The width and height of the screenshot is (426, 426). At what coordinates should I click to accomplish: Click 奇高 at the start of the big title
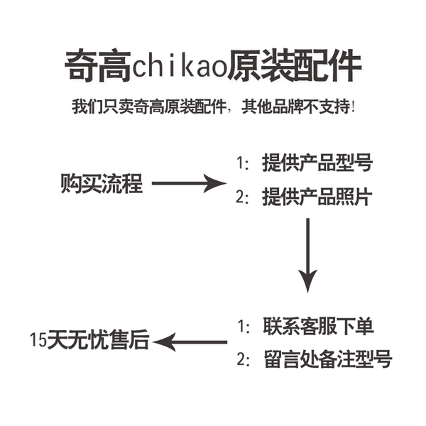click(x=98, y=65)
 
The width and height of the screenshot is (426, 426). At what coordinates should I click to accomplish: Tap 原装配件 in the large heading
click(x=295, y=65)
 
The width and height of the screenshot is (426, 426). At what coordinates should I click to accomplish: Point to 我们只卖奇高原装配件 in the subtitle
click(x=149, y=106)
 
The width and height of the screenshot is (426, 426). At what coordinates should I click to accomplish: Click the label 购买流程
click(x=102, y=184)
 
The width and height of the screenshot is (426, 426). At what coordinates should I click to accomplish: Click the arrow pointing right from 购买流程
click(x=189, y=183)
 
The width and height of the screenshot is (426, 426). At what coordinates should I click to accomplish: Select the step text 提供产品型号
click(x=317, y=163)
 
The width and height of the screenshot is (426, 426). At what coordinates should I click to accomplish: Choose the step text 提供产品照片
click(x=317, y=197)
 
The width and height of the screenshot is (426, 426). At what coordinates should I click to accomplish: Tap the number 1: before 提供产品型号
click(x=242, y=163)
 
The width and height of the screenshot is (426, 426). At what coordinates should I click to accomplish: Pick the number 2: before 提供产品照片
click(x=242, y=197)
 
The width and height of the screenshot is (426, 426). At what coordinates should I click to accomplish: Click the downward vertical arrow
click(x=308, y=256)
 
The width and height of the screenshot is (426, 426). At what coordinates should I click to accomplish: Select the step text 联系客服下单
click(x=318, y=326)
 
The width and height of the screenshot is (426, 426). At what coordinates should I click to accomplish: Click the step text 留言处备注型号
click(x=328, y=359)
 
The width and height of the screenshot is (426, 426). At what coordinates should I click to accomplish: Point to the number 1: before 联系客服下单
click(x=244, y=327)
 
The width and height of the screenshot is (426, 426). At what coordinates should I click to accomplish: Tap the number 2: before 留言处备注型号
click(x=244, y=359)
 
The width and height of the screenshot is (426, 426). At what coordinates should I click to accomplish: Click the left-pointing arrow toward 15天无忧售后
click(x=190, y=342)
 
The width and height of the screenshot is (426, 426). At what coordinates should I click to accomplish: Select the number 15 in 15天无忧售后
click(x=38, y=340)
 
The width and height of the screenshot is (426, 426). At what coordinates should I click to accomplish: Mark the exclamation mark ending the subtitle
click(x=353, y=106)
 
